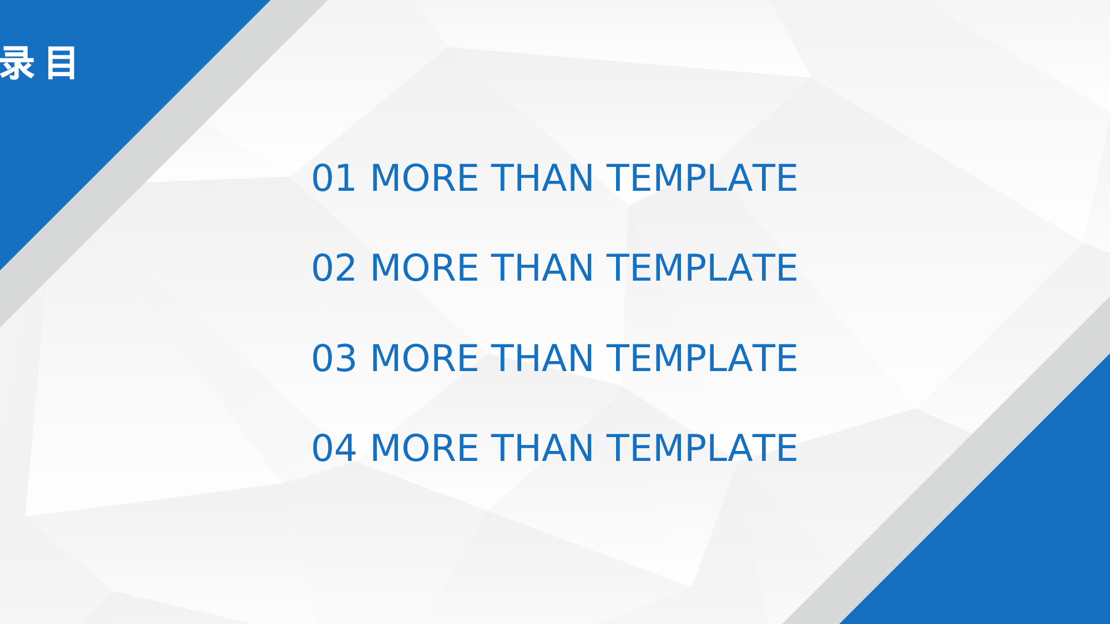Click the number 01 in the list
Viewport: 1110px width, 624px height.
(334, 178)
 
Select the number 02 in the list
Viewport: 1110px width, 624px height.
(334, 268)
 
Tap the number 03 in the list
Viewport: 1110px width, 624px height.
(334, 358)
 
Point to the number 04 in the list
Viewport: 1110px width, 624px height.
(334, 448)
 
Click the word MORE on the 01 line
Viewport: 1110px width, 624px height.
(424, 178)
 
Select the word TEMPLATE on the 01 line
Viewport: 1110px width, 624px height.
(702, 178)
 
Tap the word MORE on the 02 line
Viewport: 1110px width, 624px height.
(424, 268)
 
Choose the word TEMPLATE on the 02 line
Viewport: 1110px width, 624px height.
(702, 268)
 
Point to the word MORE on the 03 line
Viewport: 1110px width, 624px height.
(424, 358)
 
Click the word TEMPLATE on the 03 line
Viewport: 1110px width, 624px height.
(702, 358)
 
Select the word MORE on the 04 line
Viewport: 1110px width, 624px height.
(424, 448)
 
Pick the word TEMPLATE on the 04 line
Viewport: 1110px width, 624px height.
(702, 448)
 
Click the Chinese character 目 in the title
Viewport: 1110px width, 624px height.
(61, 63)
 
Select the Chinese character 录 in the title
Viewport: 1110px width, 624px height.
(17, 63)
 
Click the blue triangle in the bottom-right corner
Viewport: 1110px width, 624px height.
(1021, 532)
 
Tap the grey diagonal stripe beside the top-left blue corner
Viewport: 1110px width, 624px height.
(164, 164)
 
